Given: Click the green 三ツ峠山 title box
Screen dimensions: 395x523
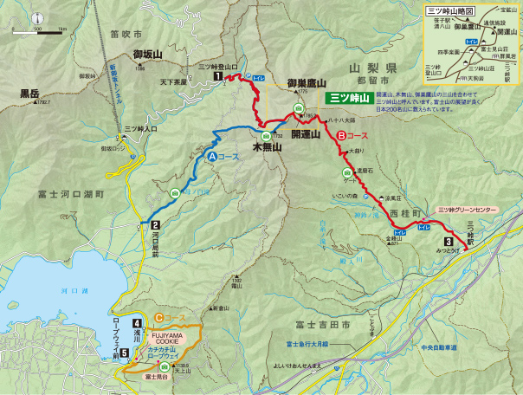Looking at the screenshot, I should coord(351,98).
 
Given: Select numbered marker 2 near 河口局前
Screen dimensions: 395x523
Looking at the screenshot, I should coord(142,224).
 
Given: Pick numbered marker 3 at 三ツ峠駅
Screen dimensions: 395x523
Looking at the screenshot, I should coord(448,242).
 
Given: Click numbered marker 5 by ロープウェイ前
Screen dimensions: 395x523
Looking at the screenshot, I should coord(124,353).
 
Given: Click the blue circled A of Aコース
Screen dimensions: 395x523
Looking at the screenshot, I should coord(211,156).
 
